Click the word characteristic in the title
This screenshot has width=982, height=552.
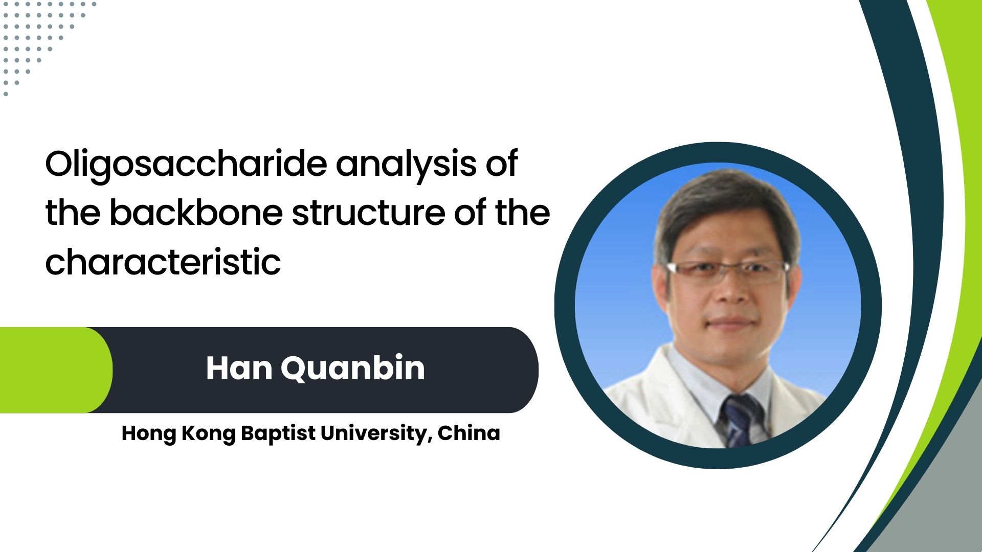point(163,262)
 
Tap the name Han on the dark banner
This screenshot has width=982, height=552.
point(239,368)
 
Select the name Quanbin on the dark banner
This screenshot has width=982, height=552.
point(353,369)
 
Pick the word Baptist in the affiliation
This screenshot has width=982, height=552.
point(278,434)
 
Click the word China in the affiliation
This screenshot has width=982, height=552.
point(468,433)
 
